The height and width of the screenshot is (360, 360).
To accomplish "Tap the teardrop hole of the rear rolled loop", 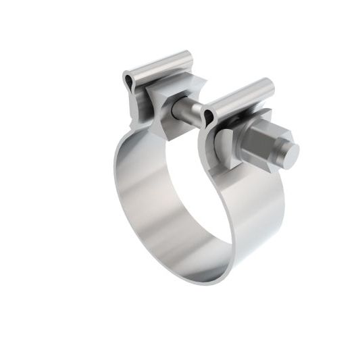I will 129,81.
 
